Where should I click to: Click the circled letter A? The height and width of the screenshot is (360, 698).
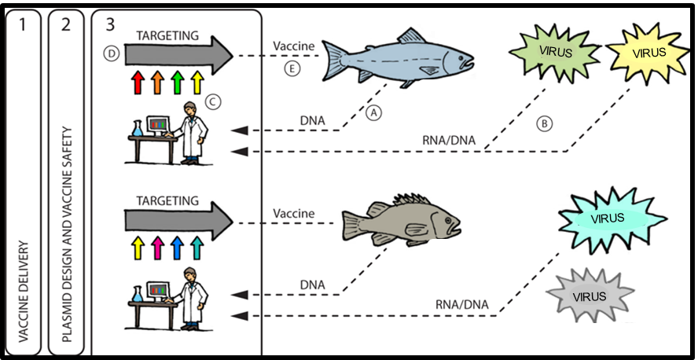point(374,113)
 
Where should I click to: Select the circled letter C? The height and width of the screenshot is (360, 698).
point(211,102)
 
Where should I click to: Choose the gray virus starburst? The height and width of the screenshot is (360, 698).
point(589,296)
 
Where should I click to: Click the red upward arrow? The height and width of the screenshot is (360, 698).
point(138,80)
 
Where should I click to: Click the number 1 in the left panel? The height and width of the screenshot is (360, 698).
point(24,25)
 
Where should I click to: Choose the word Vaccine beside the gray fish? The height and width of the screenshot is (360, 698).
point(293,213)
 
